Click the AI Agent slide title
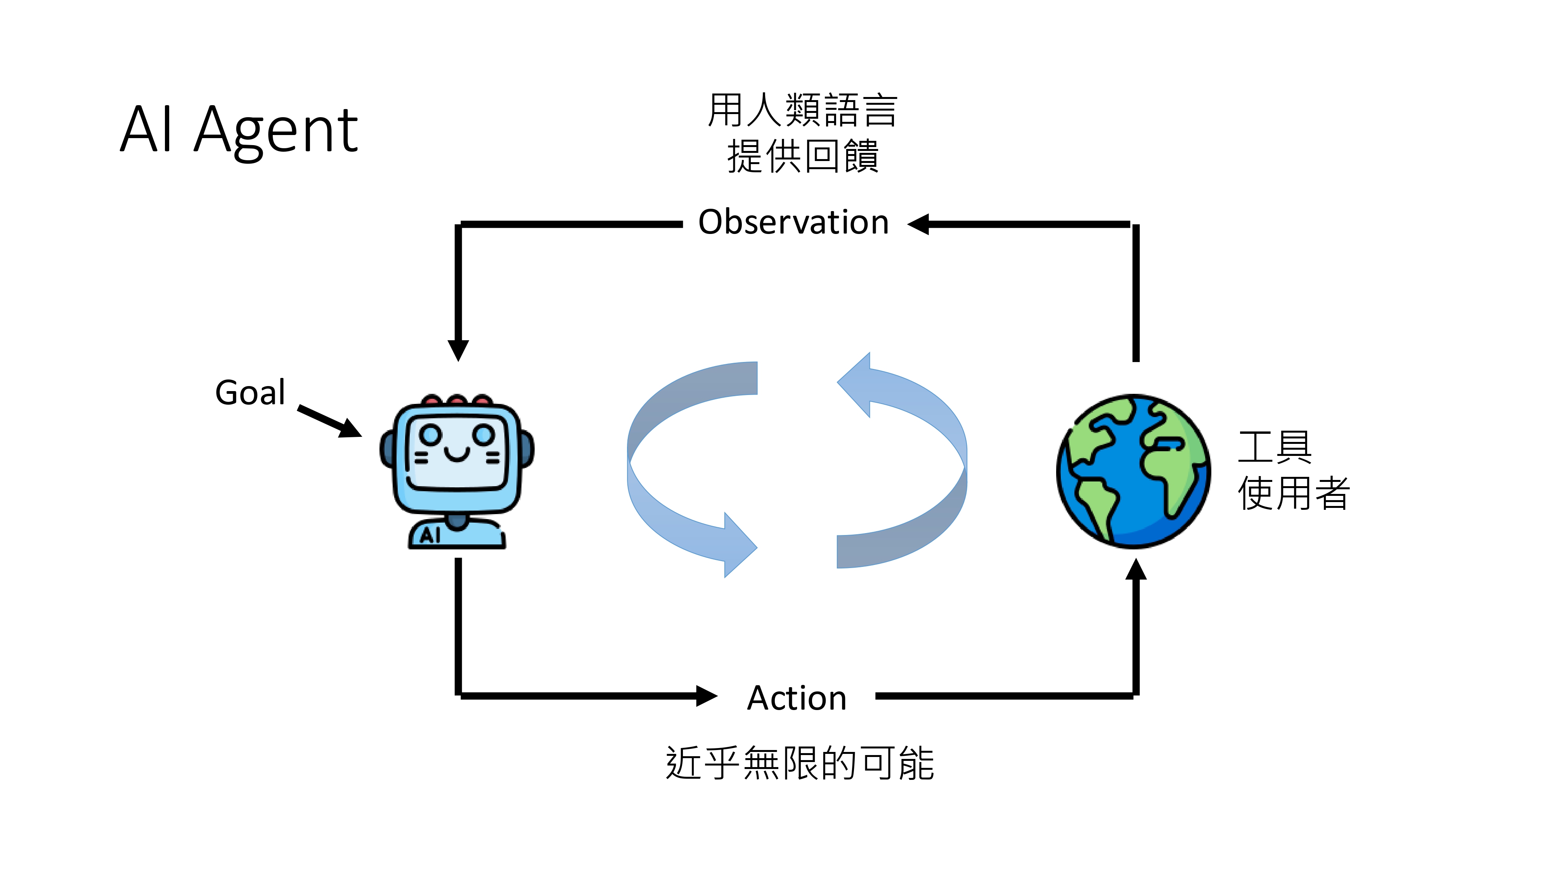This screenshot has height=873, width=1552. [x=239, y=130]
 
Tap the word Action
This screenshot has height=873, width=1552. [x=797, y=698]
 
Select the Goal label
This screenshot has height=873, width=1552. [x=250, y=393]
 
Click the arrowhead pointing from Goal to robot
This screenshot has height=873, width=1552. [x=350, y=428]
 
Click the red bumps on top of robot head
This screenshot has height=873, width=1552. [x=457, y=400]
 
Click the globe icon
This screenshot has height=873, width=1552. [x=1133, y=471]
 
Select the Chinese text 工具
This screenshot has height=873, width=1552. [x=1275, y=447]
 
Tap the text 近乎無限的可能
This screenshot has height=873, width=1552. [x=800, y=763]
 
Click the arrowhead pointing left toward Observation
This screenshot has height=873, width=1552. [x=919, y=224]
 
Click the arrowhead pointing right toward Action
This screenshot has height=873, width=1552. [x=706, y=696]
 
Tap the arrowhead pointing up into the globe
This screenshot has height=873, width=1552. [x=1136, y=569]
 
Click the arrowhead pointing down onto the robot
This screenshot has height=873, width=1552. [x=458, y=350]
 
